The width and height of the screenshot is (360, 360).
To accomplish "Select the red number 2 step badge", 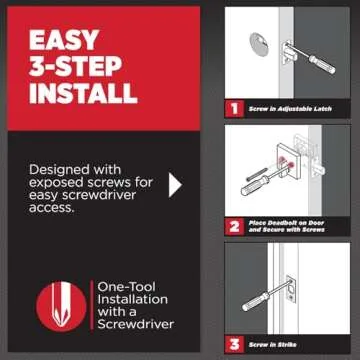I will point(233,226).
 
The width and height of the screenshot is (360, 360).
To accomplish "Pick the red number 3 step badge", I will point(233,343).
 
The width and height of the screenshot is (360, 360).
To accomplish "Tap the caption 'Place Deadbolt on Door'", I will point(291,222).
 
